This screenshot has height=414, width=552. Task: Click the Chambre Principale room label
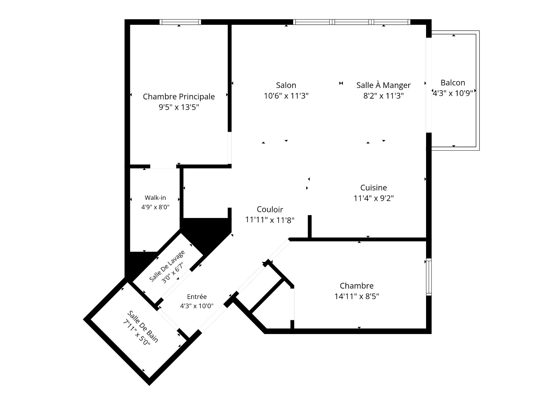[179, 97]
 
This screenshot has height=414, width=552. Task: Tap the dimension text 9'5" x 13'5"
[179, 107]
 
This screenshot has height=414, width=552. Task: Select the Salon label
[286, 85]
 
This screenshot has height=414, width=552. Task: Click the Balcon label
[453, 83]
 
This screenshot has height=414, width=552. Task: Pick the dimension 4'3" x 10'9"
[453, 93]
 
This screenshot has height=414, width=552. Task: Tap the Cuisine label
[374, 188]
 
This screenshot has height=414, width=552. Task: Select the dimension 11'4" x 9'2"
[374, 198]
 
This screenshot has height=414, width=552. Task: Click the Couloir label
[270, 209]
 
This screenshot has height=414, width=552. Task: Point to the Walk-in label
[155, 198]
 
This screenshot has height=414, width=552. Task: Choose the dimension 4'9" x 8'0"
[155, 207]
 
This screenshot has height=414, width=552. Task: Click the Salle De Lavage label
[167, 266]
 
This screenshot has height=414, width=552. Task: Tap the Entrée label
[197, 297]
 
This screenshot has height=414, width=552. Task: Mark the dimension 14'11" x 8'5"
[357, 296]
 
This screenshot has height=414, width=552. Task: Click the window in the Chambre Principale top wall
[180, 22]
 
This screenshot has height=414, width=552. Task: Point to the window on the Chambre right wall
[429, 277]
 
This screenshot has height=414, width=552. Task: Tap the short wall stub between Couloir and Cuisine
[310, 227]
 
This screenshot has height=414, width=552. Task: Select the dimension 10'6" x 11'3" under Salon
[286, 96]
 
